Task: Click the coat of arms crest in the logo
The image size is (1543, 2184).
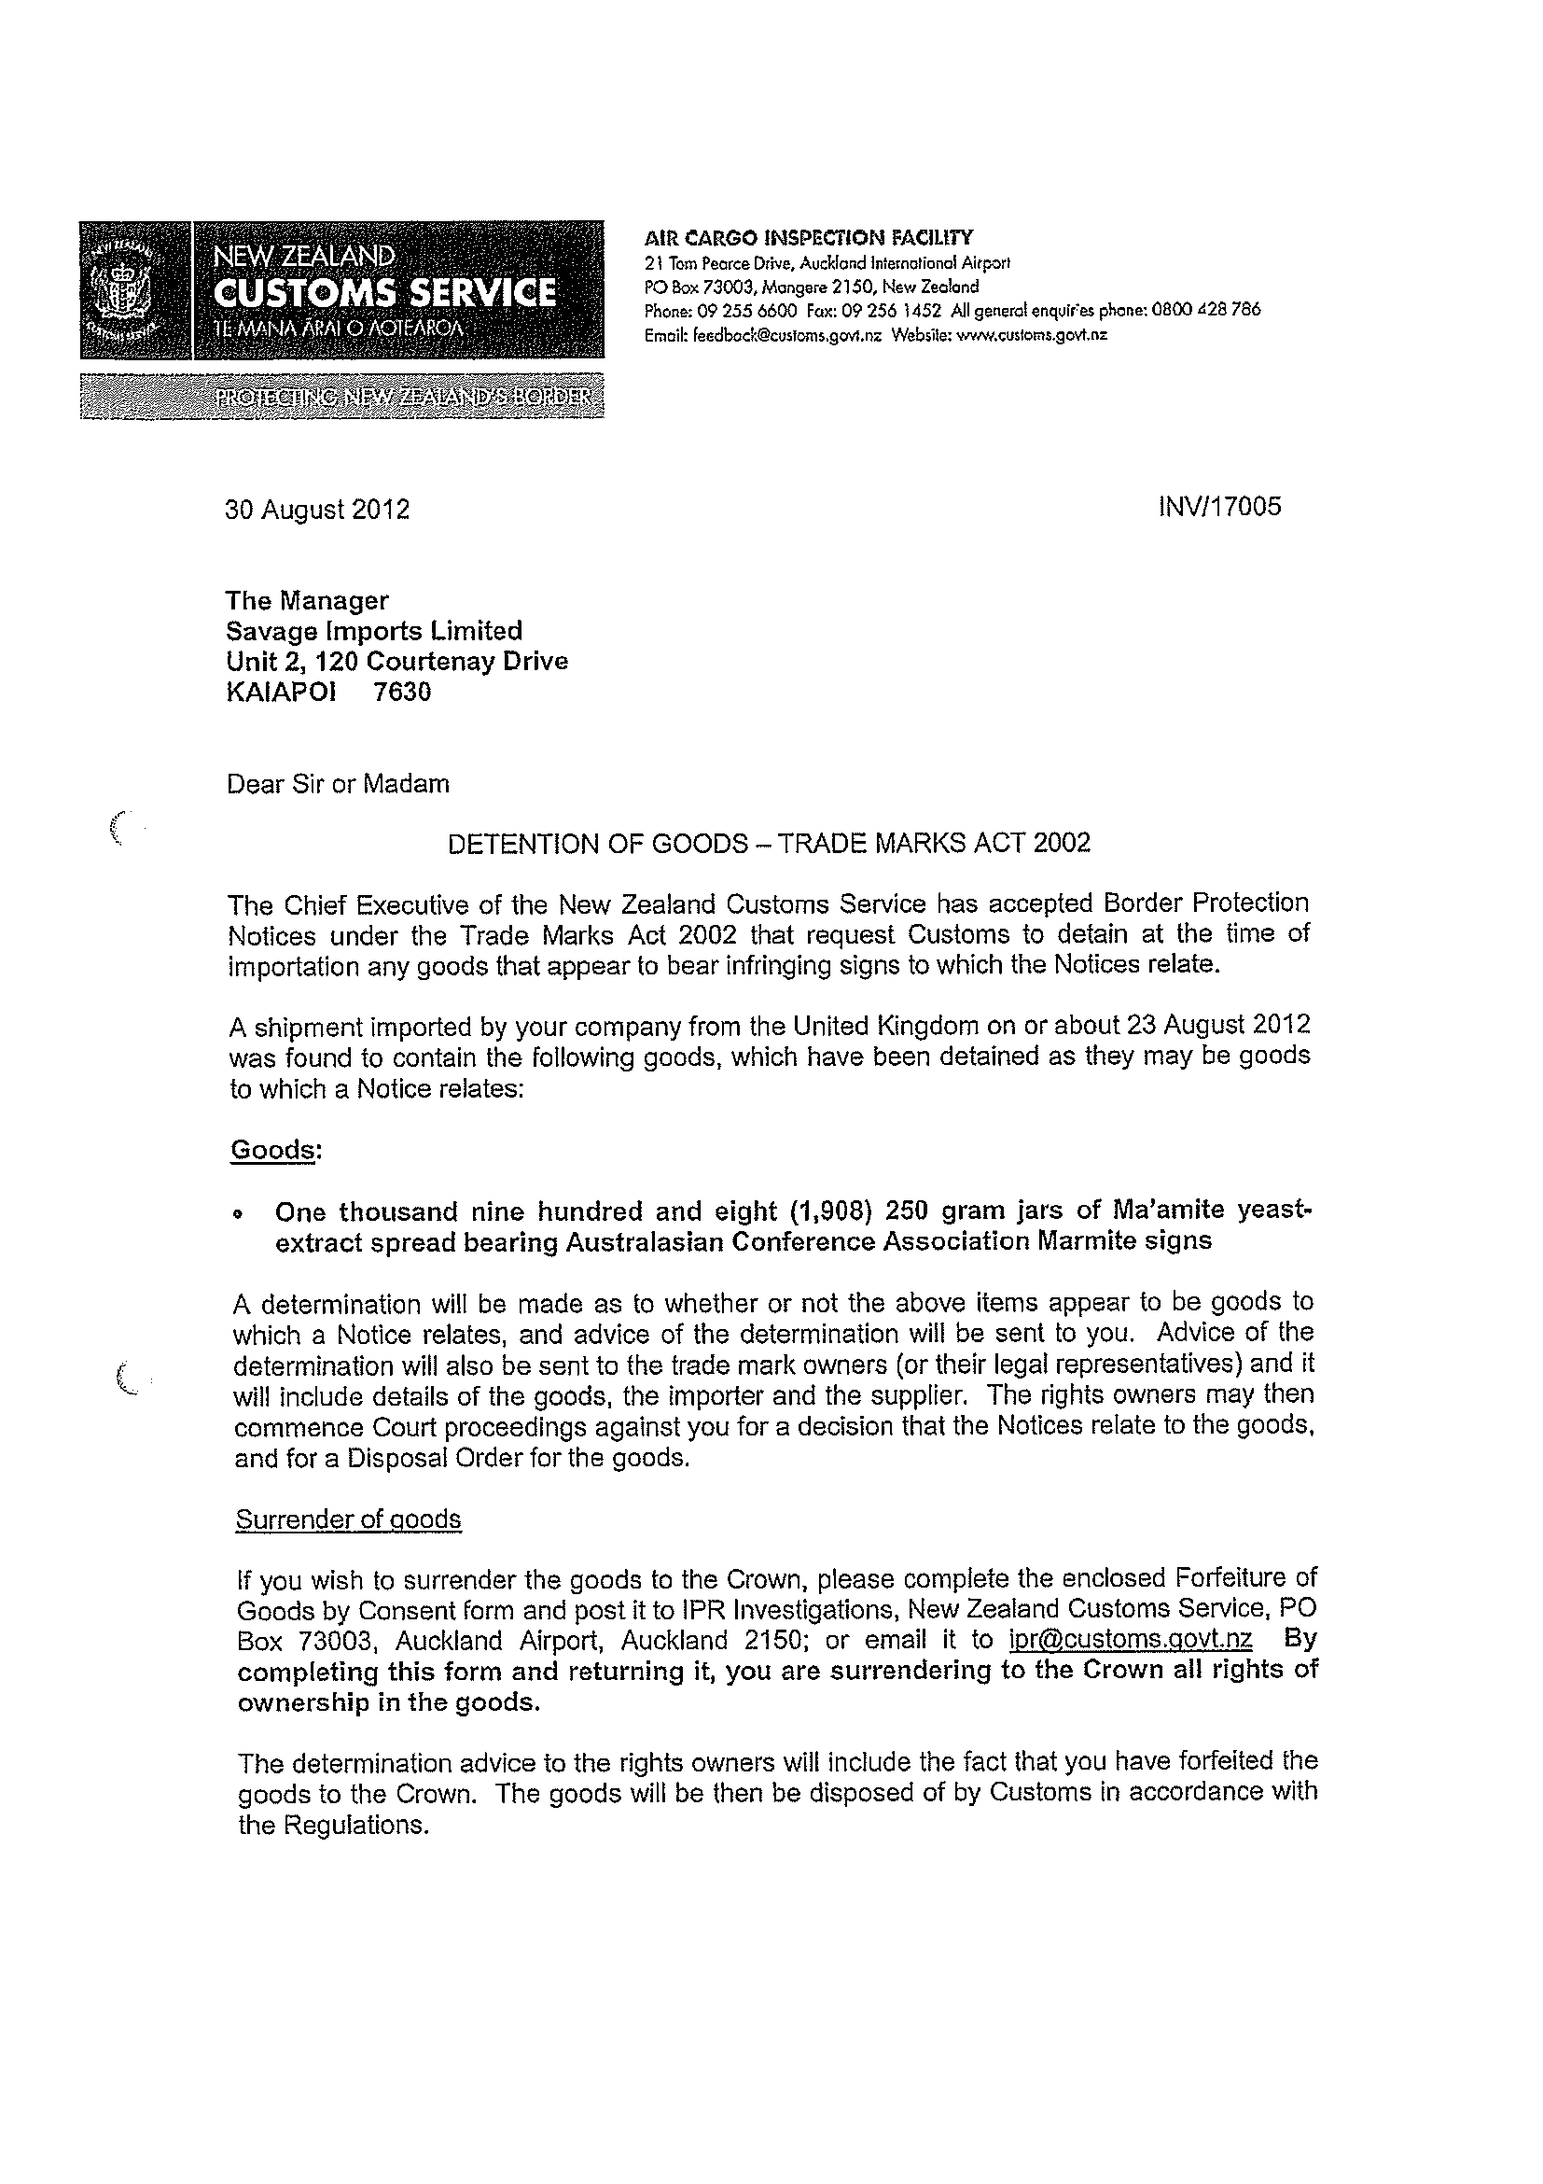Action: click(120, 289)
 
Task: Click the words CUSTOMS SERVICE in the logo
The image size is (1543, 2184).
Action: click(384, 293)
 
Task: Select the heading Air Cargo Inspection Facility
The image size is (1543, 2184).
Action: click(808, 237)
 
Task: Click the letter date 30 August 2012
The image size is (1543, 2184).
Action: click(317, 510)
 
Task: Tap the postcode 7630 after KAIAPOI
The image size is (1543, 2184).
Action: click(402, 692)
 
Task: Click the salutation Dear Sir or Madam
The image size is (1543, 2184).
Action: click(338, 784)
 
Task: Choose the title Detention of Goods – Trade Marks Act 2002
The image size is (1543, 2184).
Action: click(769, 844)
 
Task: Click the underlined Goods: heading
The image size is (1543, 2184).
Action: click(276, 1150)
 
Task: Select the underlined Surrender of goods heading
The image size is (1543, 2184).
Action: click(348, 1520)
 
